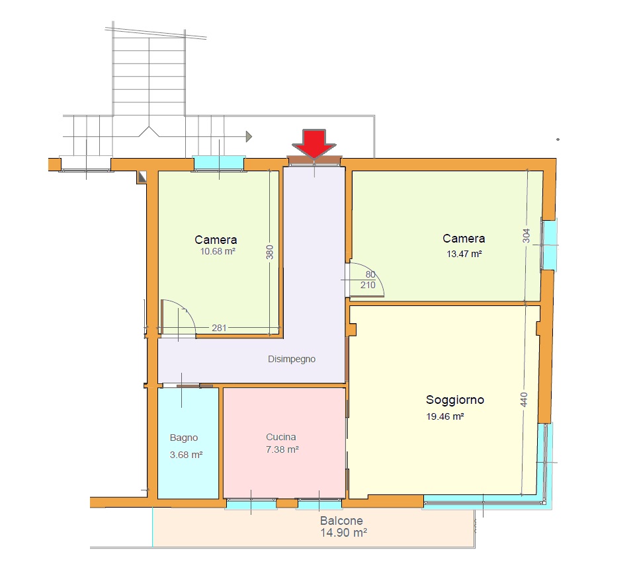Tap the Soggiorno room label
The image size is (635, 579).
[455, 400]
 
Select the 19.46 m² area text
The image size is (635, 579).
[444, 416]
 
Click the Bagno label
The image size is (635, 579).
[184, 438]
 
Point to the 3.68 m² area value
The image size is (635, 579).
[186, 455]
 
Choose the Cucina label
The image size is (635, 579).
[281, 437]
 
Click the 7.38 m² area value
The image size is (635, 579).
[282, 449]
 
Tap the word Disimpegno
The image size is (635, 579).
[292, 359]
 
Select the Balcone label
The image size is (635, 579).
[341, 521]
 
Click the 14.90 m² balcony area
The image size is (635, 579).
[343, 533]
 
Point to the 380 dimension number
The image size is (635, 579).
[270, 252]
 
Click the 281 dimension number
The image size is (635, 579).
[219, 328]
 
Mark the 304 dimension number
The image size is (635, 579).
[526, 235]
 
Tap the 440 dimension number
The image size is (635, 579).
[524, 399]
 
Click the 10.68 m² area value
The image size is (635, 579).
[218, 251]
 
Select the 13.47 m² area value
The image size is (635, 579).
[464, 254]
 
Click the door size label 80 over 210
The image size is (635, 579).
[368, 280]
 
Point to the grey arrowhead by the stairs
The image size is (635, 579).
[249, 136]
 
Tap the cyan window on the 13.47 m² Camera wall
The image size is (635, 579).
[550, 245]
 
